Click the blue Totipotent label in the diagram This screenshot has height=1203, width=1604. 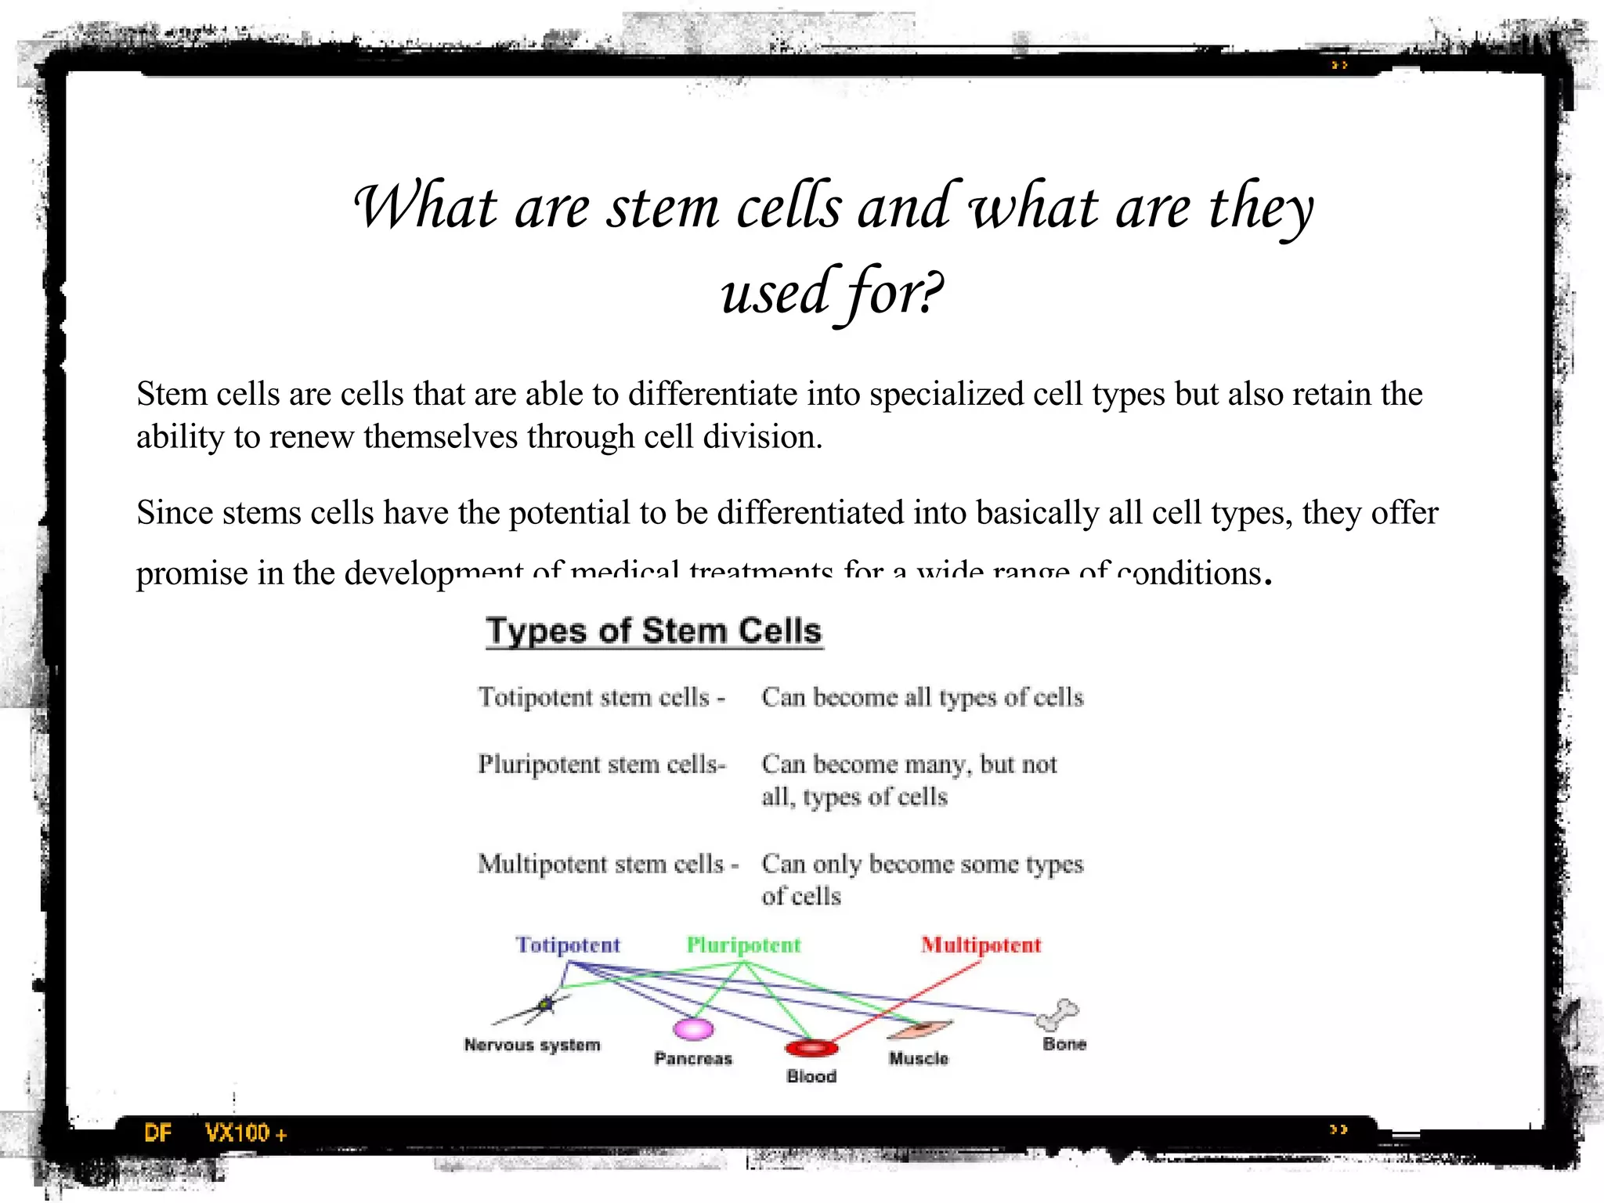pyautogui.click(x=568, y=945)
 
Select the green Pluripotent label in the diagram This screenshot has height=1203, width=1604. pyautogui.click(x=743, y=945)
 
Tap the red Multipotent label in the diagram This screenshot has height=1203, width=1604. pyautogui.click(x=981, y=945)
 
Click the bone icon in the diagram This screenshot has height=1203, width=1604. pyautogui.click(x=1057, y=1014)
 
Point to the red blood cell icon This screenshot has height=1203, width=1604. pyautogui.click(x=811, y=1048)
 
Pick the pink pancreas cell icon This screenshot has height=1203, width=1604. pyautogui.click(x=694, y=1028)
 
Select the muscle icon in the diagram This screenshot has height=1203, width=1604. pyautogui.click(x=920, y=1029)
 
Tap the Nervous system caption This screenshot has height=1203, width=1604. pyautogui.click(x=533, y=1045)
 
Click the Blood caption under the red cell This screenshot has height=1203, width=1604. pyautogui.click(x=811, y=1077)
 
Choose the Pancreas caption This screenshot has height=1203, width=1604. pyautogui.click(x=693, y=1059)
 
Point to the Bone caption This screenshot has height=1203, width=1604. pyautogui.click(x=1064, y=1044)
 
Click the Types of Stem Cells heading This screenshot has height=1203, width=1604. pyautogui.click(x=654, y=631)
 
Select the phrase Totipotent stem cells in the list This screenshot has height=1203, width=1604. pyautogui.click(x=594, y=697)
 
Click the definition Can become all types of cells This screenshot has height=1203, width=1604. pyautogui.click(x=922, y=697)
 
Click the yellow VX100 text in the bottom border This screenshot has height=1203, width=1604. pyautogui.click(x=237, y=1133)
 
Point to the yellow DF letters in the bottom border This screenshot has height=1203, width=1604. pyautogui.click(x=157, y=1133)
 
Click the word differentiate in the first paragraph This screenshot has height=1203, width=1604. pyautogui.click(x=713, y=394)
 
